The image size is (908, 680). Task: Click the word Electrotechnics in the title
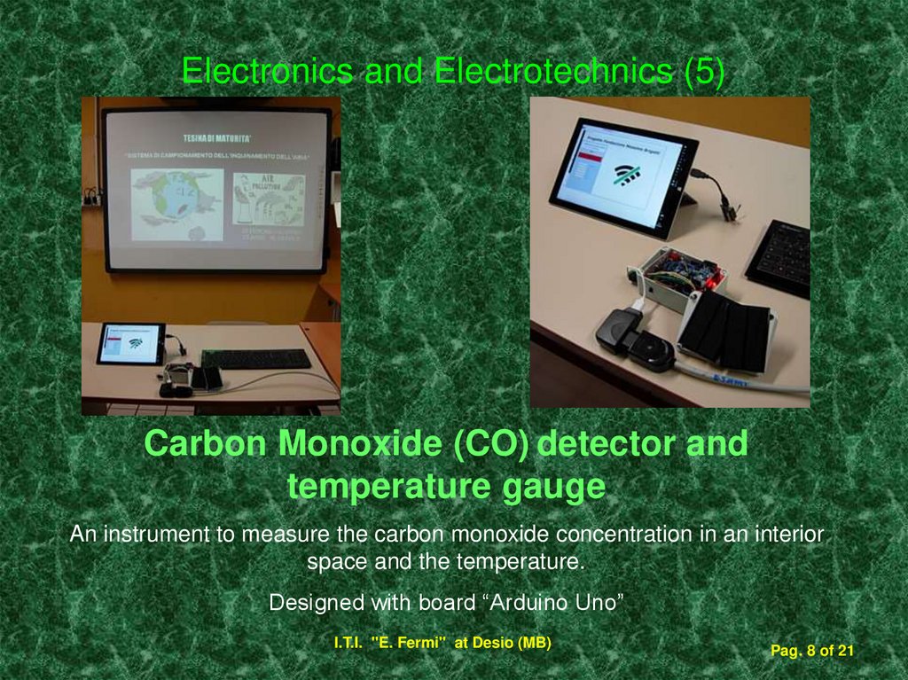click(552, 71)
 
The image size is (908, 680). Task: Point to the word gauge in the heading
click(551, 487)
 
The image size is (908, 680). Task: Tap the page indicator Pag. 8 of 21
click(811, 652)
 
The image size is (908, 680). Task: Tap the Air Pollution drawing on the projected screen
click(269, 199)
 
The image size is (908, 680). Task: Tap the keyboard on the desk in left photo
click(255, 358)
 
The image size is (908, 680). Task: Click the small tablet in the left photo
click(130, 343)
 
